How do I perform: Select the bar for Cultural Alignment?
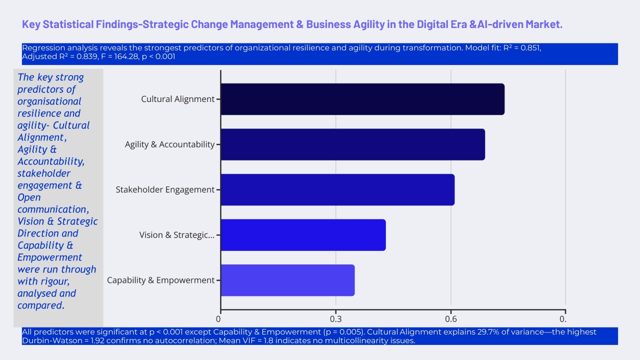point(362,99)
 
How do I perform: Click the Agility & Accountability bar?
point(352,144)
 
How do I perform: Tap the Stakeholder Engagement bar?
point(337,189)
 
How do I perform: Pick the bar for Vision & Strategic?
point(303,235)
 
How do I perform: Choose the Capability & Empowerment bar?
point(287,280)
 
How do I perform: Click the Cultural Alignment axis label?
point(177,99)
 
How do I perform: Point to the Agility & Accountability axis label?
point(169,144)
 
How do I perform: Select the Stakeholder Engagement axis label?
point(165,189)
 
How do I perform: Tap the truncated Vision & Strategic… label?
point(177,235)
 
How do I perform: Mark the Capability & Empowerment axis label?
point(160,280)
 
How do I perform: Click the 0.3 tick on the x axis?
point(335,319)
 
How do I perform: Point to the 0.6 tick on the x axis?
point(451,319)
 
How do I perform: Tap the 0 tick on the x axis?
point(219,319)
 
